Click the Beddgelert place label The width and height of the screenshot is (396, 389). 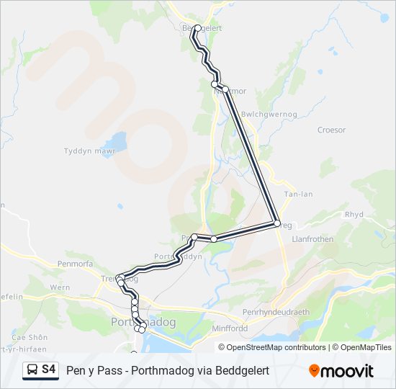point(202,28)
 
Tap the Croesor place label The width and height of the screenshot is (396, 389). point(331,130)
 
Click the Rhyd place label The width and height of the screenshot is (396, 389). point(354,214)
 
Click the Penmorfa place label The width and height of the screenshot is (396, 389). point(71,264)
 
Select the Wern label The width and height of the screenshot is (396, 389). point(60,287)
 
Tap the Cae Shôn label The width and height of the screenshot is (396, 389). point(30,337)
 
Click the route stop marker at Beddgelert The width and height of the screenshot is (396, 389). point(197,28)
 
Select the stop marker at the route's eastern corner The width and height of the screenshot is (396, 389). point(276,224)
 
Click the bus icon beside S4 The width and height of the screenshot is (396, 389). point(32,370)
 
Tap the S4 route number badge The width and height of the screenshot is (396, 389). point(49,370)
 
